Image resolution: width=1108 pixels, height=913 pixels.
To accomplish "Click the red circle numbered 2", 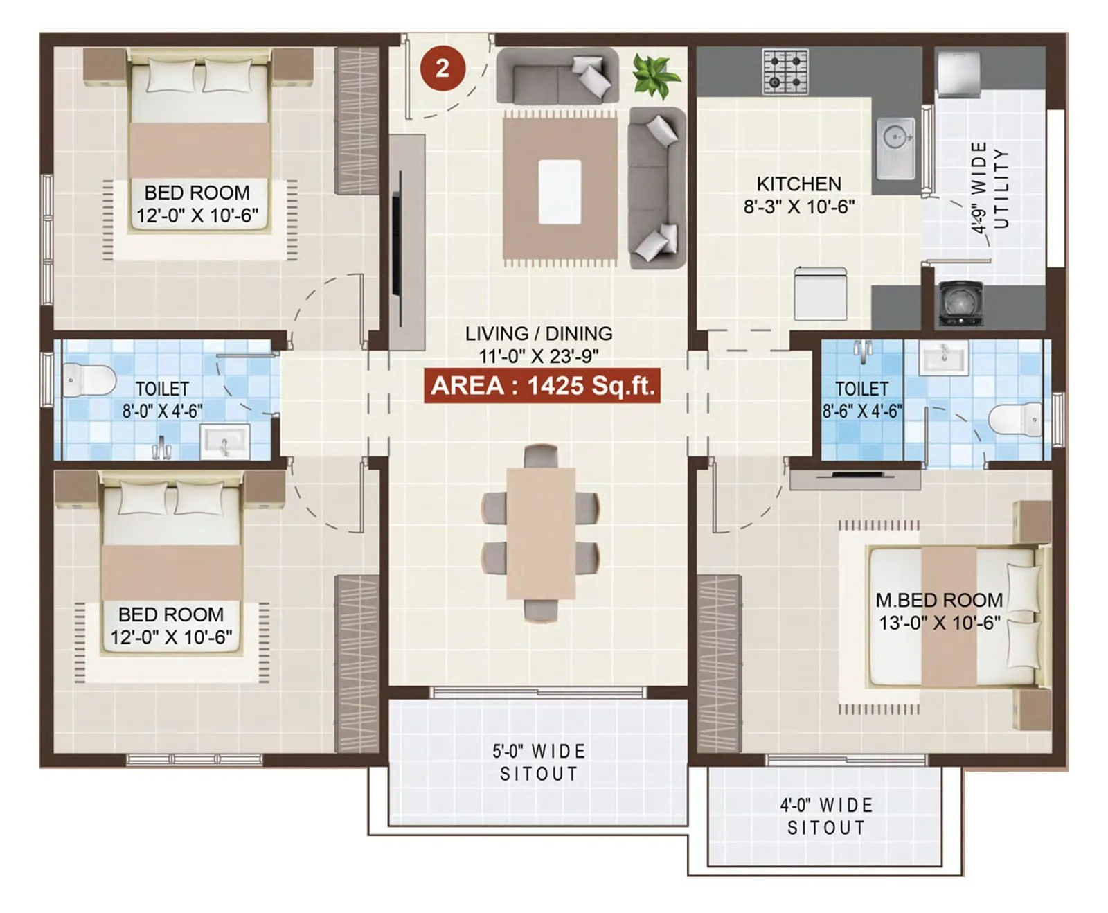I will coord(443,68).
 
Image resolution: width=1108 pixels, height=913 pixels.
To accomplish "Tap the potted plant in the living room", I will coord(654,75).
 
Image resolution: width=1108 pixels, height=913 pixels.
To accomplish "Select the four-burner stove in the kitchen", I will coord(785,71).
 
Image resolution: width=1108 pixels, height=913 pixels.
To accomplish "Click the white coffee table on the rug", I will coord(560,192).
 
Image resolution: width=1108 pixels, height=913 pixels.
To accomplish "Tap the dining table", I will coord(541,533).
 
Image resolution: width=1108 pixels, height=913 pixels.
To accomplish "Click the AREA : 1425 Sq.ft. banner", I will coord(542,386).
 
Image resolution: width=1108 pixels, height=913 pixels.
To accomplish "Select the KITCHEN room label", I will coord(798,184).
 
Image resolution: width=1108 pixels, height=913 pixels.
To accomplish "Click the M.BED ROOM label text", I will coord(938,600).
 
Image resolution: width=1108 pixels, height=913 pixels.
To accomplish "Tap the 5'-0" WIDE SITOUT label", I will coord(539,762).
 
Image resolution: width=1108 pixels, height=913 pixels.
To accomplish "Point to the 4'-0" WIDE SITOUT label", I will coord(825,816).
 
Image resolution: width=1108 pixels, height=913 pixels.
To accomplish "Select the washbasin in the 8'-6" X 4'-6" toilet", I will coord(942,357).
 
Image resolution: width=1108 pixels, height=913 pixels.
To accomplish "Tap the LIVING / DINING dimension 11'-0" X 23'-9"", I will coord(539,356).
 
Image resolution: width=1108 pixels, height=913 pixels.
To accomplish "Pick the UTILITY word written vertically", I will coord(1001,188).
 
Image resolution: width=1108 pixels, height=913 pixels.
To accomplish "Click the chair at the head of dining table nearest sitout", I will coord(541,610).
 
